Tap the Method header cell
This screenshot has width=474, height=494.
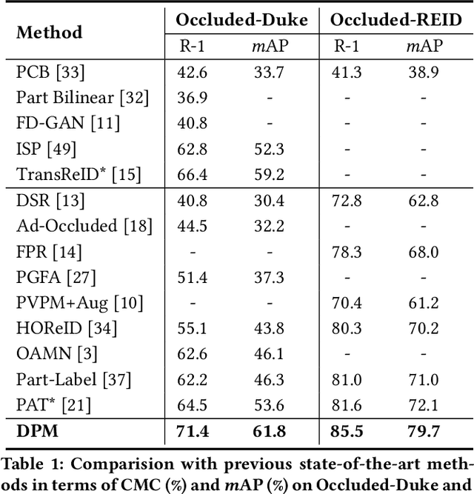tap(50, 33)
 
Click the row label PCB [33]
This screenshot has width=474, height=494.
tap(50, 73)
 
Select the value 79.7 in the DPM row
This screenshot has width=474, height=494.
tap(424, 431)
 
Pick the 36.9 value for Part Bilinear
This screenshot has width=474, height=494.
tap(191, 98)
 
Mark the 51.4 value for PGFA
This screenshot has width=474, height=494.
tap(191, 278)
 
